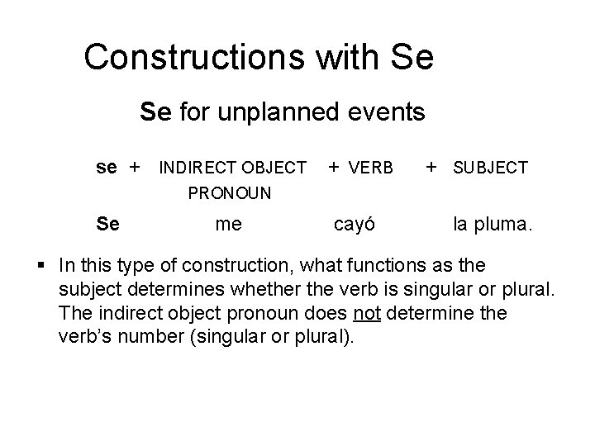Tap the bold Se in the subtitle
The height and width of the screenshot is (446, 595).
click(x=155, y=111)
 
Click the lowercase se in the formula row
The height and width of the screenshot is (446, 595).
click(x=107, y=168)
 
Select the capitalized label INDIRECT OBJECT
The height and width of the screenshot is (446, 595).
click(x=232, y=168)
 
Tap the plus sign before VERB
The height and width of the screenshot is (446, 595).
click(x=332, y=168)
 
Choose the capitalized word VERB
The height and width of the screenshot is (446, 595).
click(x=371, y=168)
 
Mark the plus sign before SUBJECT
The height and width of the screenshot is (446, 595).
click(x=431, y=168)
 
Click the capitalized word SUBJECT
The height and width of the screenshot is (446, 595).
click(x=489, y=168)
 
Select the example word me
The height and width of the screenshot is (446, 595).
click(x=228, y=223)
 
